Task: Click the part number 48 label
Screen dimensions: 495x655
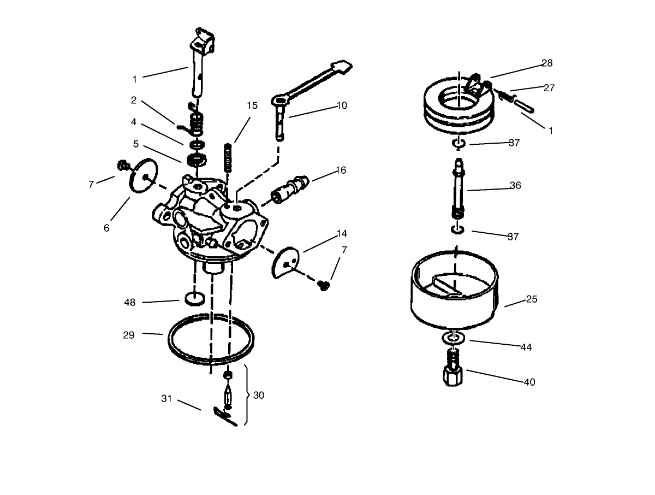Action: coord(130,302)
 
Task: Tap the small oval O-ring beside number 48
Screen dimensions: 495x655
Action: coord(195,298)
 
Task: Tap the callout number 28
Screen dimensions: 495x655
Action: coord(547,63)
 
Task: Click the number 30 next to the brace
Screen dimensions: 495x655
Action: coord(259,395)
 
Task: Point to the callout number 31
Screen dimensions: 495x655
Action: coord(166,399)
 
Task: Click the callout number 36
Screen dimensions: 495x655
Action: coord(515,185)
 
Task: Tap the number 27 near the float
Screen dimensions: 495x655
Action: coord(549,88)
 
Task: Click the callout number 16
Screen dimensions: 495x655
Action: coord(341,170)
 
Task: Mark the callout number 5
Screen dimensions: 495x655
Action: coord(135,144)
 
